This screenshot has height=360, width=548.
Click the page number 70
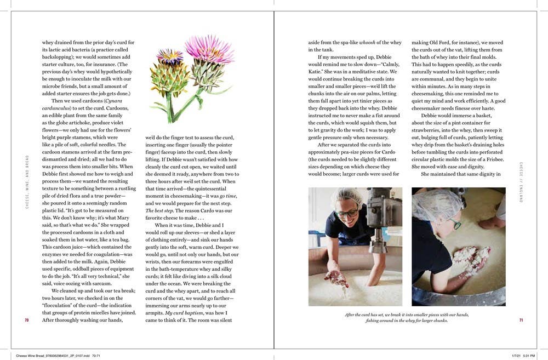click(x=26, y=320)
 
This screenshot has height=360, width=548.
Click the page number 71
click(x=521, y=320)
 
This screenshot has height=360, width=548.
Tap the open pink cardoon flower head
click(x=210, y=49)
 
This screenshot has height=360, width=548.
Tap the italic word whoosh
click(x=371, y=43)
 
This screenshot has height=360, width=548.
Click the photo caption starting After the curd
click(x=407, y=317)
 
